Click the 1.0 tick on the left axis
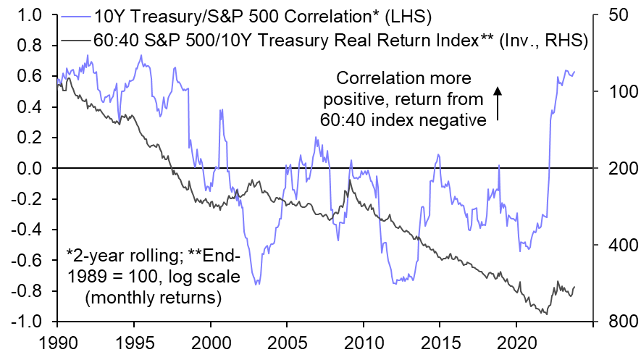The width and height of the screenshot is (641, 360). click(x=27, y=15)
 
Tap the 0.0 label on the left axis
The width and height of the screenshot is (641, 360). click(x=27, y=169)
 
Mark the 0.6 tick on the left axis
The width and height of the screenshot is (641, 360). click(x=27, y=77)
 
